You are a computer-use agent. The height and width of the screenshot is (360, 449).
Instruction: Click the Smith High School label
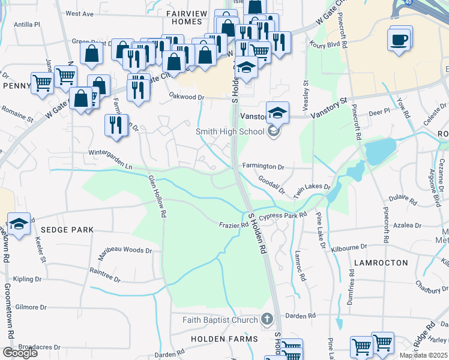(229, 131)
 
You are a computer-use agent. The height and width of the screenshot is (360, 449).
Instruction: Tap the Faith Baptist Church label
(220, 320)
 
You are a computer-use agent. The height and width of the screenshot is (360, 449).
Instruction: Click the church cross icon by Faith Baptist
(268, 319)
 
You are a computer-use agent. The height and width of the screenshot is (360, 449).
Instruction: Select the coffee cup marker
(400, 41)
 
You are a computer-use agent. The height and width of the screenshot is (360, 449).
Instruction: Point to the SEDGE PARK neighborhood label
(68, 230)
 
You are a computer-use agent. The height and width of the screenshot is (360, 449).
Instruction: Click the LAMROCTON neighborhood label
(381, 263)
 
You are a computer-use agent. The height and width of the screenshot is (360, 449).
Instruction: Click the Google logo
(20, 353)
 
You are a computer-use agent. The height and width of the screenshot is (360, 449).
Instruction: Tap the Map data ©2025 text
(423, 356)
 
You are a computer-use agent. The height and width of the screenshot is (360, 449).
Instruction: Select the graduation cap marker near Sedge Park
(19, 225)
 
